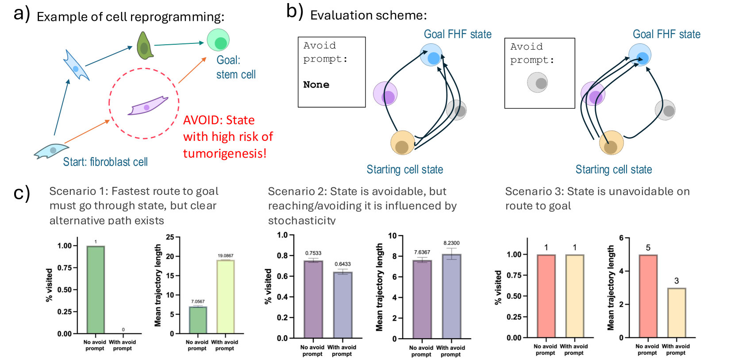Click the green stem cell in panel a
218,40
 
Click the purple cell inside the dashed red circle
148,106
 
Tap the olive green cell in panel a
144,46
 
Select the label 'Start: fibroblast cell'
105,162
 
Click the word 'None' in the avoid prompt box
316,85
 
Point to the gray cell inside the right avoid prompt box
537,82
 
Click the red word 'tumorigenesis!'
225,154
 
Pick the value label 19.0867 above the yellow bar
225,255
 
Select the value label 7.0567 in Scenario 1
198,302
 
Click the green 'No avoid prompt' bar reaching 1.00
96,290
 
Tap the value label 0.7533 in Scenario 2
313,253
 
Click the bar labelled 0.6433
342,305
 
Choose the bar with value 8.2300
451,296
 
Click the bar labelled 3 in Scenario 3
676,313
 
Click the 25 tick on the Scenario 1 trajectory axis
170,237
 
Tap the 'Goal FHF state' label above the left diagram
458,35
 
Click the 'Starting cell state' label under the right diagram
613,170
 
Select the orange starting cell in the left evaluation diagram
402,143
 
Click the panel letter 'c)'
22,194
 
